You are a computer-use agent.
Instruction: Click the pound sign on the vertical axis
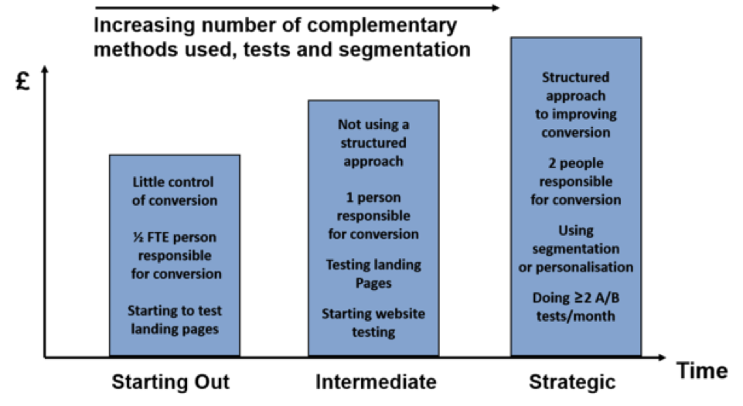pos(22,81)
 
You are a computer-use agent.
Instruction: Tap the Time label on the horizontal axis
pos(702,371)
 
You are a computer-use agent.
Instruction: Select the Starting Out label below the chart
pos(171,382)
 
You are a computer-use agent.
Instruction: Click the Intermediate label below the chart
pos(377,382)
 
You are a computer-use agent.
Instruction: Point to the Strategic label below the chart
pos(572,382)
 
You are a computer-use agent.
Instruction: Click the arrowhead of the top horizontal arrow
pos(496,8)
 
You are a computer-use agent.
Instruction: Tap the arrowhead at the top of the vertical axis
pos(45,69)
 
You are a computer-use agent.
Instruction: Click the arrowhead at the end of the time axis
pos(662,357)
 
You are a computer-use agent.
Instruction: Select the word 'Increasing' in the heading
pos(144,26)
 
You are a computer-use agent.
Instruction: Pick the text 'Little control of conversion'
pos(174,191)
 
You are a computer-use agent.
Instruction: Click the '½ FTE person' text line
pos(175,237)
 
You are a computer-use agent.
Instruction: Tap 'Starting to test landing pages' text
pos(175,320)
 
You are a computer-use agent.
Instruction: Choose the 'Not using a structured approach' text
pos(373,142)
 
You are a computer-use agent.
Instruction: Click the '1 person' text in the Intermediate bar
pos(373,197)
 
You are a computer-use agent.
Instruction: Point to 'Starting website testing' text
pos(373,322)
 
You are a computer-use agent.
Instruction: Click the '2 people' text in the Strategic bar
pos(576,163)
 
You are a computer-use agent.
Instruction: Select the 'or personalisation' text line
pos(576,268)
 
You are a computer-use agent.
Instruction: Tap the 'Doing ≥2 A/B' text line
pos(576,298)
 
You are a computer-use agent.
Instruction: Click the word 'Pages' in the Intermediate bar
pos(373,283)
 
